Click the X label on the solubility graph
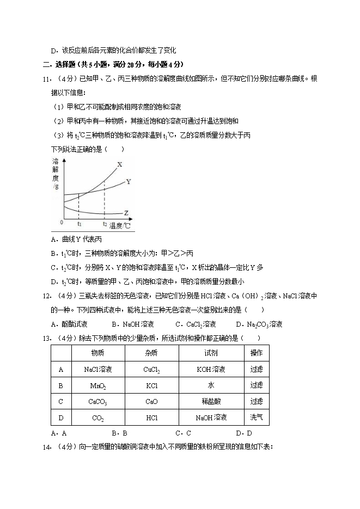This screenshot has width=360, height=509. (x=120, y=164)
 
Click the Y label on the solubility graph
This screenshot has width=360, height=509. (x=128, y=181)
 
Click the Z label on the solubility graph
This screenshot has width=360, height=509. (x=126, y=213)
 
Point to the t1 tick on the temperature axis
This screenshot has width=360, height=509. (x=80, y=224)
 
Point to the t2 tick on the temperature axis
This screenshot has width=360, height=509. (x=105, y=224)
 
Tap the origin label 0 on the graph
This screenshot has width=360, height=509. (x=62, y=222)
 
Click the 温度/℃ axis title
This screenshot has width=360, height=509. (x=120, y=224)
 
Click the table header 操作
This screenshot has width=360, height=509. (x=256, y=353)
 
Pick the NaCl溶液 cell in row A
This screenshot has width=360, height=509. (x=98, y=369)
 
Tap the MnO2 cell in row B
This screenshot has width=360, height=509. (x=98, y=385)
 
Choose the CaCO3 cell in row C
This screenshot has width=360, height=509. (x=98, y=402)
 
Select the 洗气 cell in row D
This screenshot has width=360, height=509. (x=256, y=418)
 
